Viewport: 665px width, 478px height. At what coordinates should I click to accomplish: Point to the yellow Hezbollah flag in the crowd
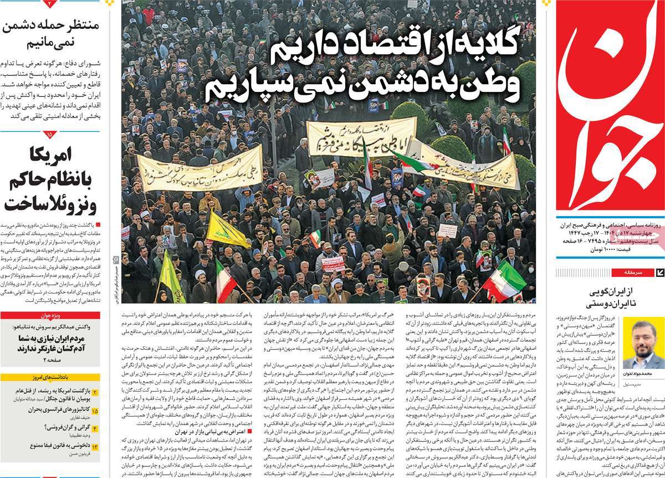[227, 229]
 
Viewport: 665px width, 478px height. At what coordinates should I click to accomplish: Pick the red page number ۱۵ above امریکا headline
[49, 135]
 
